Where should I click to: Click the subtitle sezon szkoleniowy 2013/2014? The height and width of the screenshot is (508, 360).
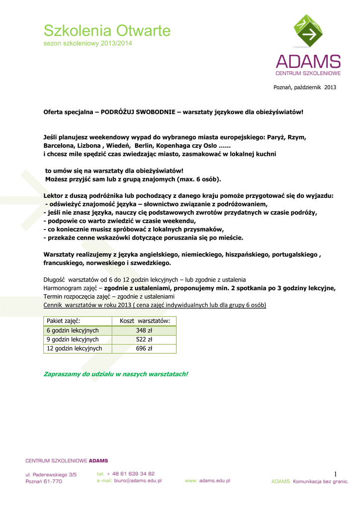coord(88,44)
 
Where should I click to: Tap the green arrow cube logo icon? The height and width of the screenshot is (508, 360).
coord(308,34)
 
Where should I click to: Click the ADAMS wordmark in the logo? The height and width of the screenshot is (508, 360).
coord(308,62)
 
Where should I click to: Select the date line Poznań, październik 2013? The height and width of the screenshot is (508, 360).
coord(305,88)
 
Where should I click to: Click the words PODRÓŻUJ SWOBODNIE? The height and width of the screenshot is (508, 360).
coord(138,112)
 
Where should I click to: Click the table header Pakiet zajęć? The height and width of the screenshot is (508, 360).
coord(64,321)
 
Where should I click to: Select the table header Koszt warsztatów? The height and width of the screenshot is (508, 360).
coord(144,321)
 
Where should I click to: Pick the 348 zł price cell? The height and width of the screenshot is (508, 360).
coord(144,330)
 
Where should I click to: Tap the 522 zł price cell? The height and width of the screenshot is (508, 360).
coord(144,339)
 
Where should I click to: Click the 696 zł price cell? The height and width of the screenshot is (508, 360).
coord(144,348)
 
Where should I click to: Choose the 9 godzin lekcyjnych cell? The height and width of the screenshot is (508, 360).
coord(72,339)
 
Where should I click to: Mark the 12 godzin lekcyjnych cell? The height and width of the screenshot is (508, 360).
coord(74,348)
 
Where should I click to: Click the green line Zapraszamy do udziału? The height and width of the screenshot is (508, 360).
coord(116,373)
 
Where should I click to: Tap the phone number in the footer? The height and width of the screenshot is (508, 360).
coord(126,474)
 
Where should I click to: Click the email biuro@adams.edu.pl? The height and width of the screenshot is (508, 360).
coord(129,481)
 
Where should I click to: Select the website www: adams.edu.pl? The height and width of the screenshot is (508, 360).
coord(207,481)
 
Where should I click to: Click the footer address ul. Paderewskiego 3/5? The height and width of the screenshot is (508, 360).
coord(51,474)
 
